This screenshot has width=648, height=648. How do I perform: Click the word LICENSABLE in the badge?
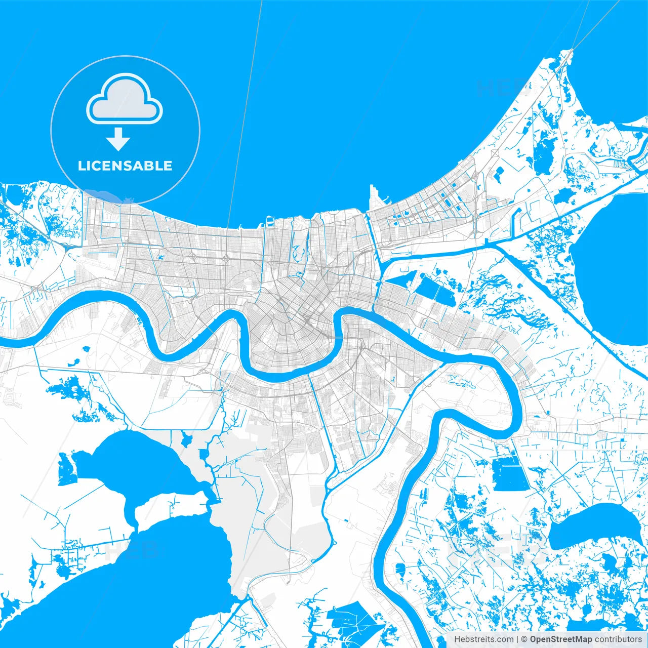tap(125, 166)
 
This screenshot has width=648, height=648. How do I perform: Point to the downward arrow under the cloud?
tap(118, 139)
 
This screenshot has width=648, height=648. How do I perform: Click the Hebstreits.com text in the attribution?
tap(483, 639)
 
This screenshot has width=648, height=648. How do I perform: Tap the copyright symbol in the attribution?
tap(524, 639)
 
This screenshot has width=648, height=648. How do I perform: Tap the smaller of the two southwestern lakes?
tap(137, 463)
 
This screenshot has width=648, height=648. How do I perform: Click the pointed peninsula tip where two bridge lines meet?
tap(571, 51)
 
